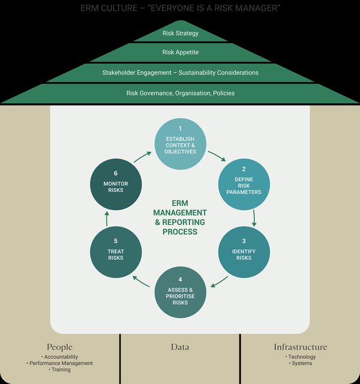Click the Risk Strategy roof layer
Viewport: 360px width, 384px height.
click(x=180, y=34)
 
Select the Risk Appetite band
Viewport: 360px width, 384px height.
click(x=180, y=53)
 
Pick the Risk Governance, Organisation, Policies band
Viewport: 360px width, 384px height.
click(x=180, y=93)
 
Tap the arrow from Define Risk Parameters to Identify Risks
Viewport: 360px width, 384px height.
click(x=254, y=217)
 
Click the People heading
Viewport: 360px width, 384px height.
click(x=59, y=347)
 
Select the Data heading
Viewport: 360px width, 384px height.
click(x=180, y=347)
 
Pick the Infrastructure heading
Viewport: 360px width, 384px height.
click(x=301, y=347)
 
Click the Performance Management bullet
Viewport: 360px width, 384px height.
click(x=60, y=363)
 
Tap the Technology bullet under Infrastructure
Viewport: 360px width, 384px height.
click(x=301, y=357)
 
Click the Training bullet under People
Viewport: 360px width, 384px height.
click(x=60, y=370)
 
